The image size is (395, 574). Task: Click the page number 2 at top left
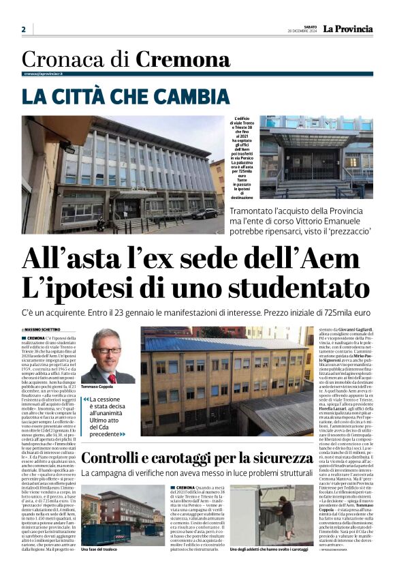click(x=23, y=29)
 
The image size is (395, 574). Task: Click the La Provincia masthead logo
click(x=347, y=29)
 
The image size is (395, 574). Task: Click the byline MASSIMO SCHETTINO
click(x=46, y=329)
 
